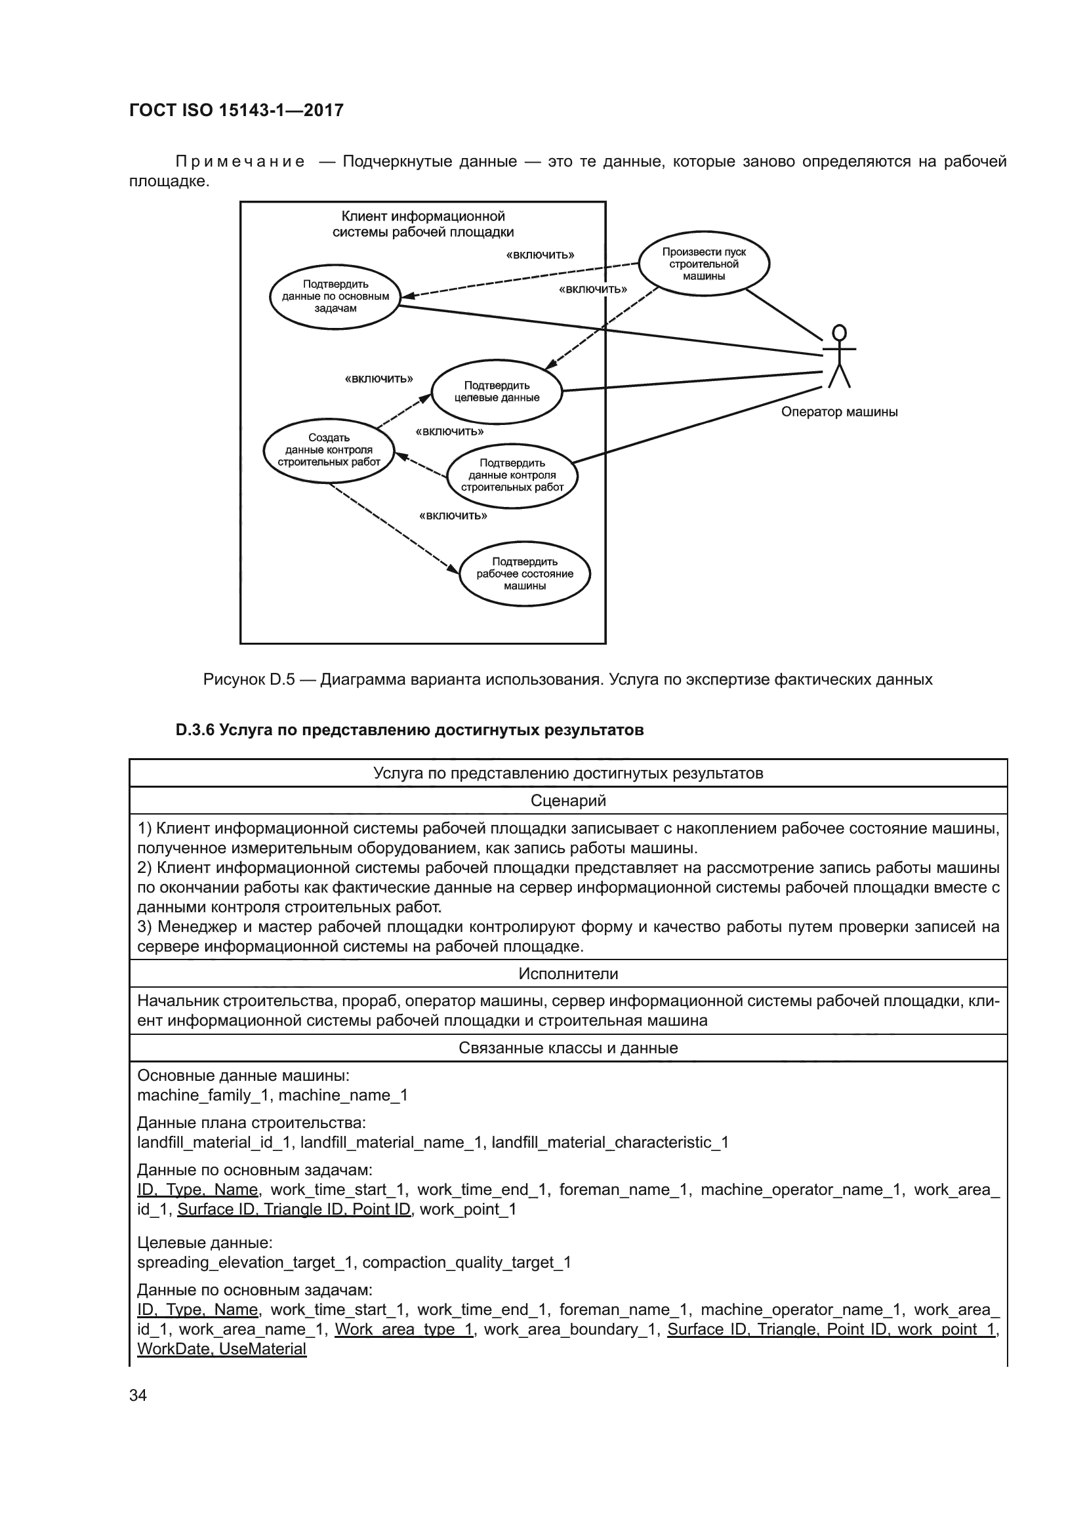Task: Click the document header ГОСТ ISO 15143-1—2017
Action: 236,110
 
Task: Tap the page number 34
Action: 138,1395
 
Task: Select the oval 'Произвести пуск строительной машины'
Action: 703,264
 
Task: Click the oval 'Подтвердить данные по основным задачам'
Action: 335,296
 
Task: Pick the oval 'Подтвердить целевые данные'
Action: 497,392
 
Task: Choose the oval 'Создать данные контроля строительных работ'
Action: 329,451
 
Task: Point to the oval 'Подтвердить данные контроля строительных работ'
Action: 512,475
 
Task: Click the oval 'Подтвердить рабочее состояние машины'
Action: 525,574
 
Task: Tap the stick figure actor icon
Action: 839,356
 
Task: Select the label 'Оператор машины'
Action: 839,413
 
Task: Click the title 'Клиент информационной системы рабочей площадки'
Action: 423,224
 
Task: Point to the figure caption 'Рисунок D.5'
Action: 249,680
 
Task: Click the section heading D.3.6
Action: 409,730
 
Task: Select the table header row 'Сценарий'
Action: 568,800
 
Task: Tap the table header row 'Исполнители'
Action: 568,973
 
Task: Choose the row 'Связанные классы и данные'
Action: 568,1047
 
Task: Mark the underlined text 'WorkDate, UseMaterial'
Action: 222,1348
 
